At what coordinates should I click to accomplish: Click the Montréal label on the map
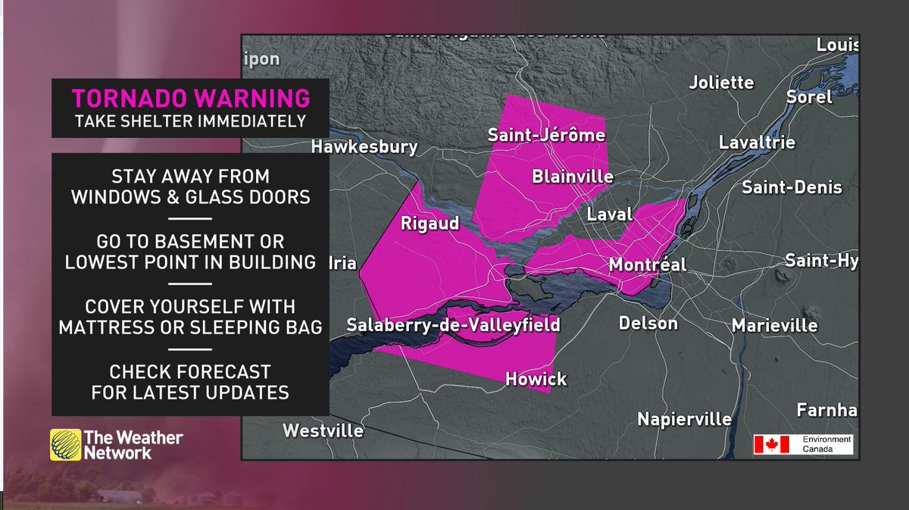pyautogui.click(x=648, y=265)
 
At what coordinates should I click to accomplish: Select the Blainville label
pyautogui.click(x=573, y=177)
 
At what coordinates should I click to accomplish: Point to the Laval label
pyautogui.click(x=610, y=214)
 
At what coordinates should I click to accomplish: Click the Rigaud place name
pyautogui.click(x=430, y=224)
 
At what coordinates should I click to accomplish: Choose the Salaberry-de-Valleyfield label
pyautogui.click(x=453, y=325)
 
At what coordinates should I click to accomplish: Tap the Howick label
pyautogui.click(x=536, y=379)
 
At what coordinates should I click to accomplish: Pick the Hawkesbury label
pyautogui.click(x=364, y=146)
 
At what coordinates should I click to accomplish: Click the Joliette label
pyautogui.click(x=721, y=83)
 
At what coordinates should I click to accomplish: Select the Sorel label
pyautogui.click(x=809, y=97)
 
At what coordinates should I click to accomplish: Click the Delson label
pyautogui.click(x=648, y=324)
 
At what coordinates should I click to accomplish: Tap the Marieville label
pyautogui.click(x=774, y=326)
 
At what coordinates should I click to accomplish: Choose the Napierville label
pyautogui.click(x=684, y=419)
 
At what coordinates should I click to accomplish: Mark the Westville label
pyautogui.click(x=323, y=431)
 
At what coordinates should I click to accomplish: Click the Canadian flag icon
pyautogui.click(x=771, y=445)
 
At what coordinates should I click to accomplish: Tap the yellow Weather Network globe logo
pyautogui.click(x=66, y=445)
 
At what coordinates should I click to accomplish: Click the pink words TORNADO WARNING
pyautogui.click(x=190, y=99)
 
